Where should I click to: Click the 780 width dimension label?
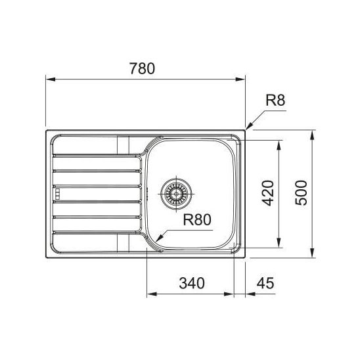(x=143, y=68)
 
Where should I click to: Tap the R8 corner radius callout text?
(x=275, y=100)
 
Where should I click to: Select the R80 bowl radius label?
(x=197, y=219)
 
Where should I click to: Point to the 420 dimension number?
(x=268, y=193)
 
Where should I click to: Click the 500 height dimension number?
(x=301, y=193)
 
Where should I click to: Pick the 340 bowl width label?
(x=192, y=283)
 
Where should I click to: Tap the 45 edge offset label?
(x=265, y=283)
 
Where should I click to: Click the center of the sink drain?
(x=176, y=194)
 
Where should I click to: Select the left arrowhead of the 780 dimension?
(x=51, y=79)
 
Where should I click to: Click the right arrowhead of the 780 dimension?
(x=240, y=79)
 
